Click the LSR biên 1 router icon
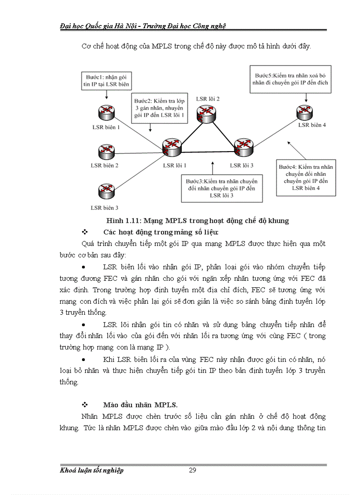point(106,111)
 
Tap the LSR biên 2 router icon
point(106,152)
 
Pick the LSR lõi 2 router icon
point(208,113)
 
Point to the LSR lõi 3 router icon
point(243,147)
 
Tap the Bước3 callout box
point(221,188)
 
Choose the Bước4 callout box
point(306,178)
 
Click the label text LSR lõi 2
point(208,99)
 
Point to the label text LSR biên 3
point(104,208)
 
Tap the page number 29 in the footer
point(192,470)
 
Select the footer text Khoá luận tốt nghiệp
point(92,470)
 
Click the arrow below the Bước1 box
point(106,94)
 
